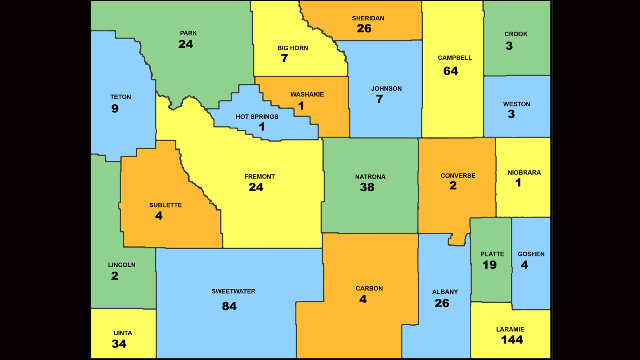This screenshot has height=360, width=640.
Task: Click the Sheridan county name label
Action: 368,18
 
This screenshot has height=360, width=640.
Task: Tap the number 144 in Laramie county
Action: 512,340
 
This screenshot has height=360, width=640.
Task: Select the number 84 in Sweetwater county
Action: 229,306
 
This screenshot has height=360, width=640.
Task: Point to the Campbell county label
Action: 455,58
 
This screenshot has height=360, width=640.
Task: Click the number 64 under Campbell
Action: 450,71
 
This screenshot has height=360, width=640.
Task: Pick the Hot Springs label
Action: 257,117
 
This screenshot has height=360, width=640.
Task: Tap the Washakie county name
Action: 307,95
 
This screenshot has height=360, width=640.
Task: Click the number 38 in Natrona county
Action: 367,187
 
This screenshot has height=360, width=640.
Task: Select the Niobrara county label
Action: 524,173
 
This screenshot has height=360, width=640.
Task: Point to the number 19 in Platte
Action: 489,265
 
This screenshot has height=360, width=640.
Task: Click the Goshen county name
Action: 531,254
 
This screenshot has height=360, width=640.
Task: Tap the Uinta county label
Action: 123,333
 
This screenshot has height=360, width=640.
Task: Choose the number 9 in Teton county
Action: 115,109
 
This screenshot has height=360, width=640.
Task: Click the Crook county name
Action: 516,34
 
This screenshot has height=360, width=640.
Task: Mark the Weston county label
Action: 516,104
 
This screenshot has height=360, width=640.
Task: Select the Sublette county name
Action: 165,205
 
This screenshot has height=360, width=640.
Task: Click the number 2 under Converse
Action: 453,186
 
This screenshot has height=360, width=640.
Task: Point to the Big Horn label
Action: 292,48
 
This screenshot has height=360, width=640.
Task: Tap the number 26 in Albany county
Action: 442,304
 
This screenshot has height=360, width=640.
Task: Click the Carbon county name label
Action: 369,289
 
